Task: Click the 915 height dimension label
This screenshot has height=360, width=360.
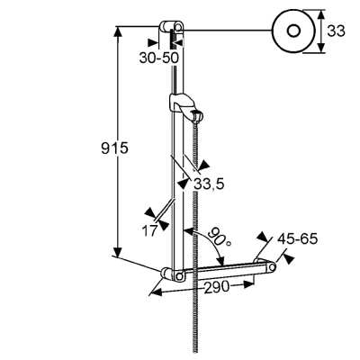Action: point(114,148)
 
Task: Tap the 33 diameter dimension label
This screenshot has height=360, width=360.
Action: point(336,31)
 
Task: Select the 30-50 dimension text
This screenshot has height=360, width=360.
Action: point(158,58)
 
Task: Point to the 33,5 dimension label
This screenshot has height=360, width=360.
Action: point(209,184)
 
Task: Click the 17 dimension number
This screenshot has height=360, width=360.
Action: point(149,230)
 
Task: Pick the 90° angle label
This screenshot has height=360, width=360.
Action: point(220,238)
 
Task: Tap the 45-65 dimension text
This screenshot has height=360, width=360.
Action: point(297,239)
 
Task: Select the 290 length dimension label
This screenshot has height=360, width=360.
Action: point(217,288)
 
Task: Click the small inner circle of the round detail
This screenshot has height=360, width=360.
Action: point(293,31)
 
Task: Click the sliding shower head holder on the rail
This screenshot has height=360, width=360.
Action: point(186,107)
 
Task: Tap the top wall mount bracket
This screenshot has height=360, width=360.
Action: point(171,27)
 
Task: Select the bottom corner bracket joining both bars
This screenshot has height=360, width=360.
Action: point(174,274)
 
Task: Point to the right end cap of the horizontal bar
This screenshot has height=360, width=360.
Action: point(271,266)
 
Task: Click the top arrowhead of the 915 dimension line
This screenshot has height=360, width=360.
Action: point(119,32)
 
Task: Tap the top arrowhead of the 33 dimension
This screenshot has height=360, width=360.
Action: point(321,15)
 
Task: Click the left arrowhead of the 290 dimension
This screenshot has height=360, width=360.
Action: point(156,292)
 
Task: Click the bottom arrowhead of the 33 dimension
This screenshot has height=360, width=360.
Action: point(321,48)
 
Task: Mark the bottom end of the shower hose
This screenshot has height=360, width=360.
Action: point(195,352)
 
